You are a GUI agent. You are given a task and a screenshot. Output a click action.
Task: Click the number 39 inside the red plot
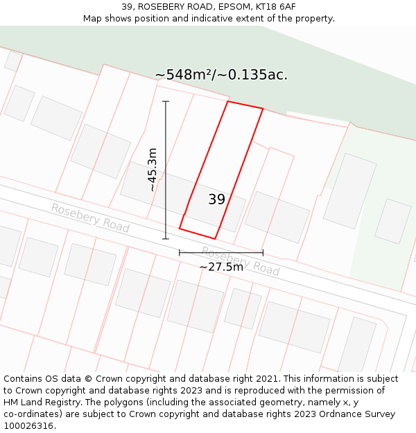click(x=217, y=200)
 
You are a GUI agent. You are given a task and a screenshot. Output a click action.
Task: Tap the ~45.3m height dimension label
click(x=153, y=170)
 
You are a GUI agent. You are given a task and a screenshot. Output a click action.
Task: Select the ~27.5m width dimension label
click(x=221, y=267)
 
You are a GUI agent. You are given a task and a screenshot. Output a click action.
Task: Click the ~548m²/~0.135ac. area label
click(x=220, y=75)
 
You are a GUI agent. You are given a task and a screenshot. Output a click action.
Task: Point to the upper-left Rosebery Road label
click(x=90, y=218)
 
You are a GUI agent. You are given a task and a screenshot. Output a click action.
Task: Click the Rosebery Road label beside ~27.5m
click(x=241, y=260)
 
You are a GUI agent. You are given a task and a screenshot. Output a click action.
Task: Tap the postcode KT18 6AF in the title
click(x=277, y=7)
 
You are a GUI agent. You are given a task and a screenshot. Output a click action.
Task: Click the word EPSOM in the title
click(x=235, y=7)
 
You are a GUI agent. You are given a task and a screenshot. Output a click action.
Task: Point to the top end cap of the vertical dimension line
click(x=166, y=102)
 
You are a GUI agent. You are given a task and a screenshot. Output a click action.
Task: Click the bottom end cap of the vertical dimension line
click(x=166, y=239)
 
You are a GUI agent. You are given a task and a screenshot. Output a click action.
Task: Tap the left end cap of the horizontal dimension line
click(x=180, y=253)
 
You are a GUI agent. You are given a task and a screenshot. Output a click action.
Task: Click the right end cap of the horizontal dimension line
click(x=263, y=253)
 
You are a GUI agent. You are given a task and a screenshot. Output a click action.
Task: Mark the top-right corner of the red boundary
click(x=263, y=109)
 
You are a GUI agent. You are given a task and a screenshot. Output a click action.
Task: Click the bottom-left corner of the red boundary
click(x=180, y=228)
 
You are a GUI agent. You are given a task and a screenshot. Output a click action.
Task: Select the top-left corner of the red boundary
click(x=228, y=102)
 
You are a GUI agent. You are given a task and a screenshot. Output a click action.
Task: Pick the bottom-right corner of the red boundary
click(x=215, y=239)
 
